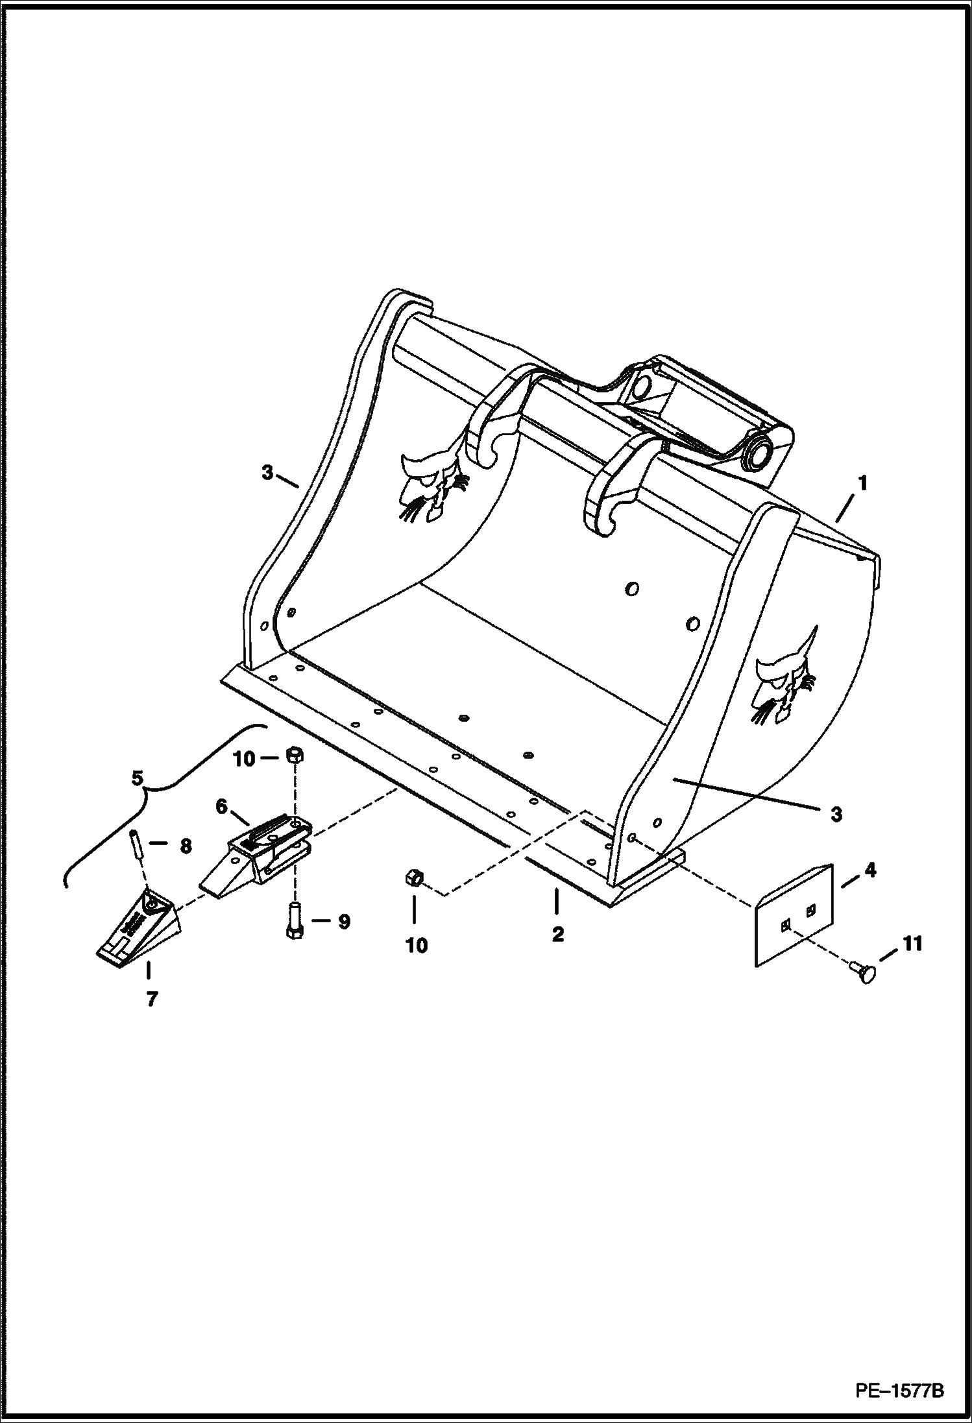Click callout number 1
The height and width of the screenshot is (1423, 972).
[x=862, y=484]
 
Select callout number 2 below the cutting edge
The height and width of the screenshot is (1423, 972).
[x=558, y=935]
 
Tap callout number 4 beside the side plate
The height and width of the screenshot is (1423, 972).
[x=870, y=870]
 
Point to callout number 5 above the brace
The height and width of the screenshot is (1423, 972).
[x=137, y=778]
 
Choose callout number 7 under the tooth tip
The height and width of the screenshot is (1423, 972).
[x=151, y=999]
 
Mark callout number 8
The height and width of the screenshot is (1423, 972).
[x=186, y=846]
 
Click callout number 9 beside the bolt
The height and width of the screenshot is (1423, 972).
[x=343, y=921]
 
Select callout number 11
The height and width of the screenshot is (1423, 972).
[x=912, y=943]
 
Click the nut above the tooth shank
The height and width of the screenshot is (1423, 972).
[x=294, y=755]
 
